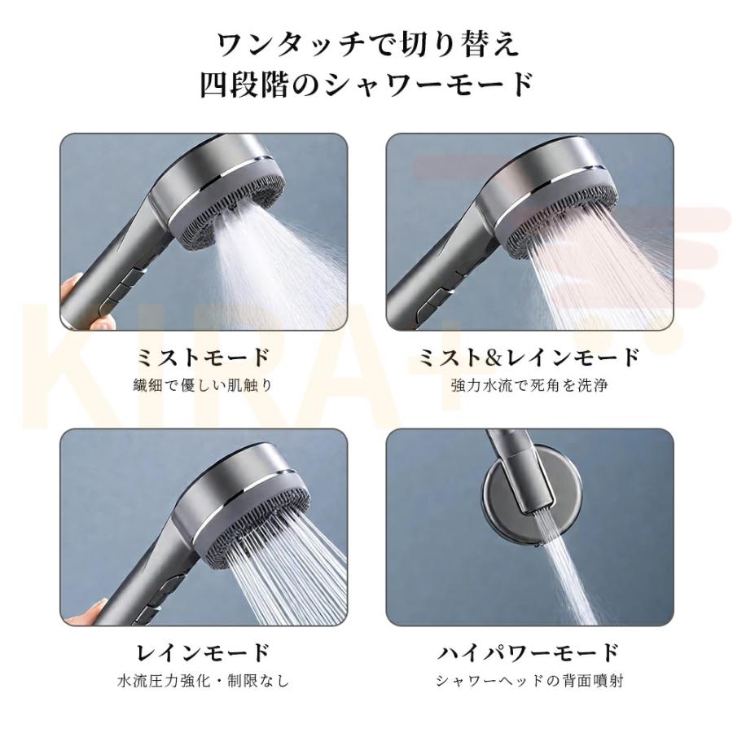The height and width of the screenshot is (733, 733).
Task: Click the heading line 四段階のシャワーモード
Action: [367, 84]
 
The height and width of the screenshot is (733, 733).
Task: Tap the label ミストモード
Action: [204, 358]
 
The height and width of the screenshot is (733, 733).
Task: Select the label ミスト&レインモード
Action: [529, 358]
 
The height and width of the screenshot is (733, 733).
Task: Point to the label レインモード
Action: [204, 652]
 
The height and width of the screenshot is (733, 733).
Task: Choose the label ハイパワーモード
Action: [529, 652]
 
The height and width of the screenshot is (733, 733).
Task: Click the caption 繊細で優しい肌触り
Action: [203, 386]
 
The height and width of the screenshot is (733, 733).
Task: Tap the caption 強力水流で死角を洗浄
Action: [529, 386]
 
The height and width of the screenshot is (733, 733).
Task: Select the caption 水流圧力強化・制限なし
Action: [203, 681]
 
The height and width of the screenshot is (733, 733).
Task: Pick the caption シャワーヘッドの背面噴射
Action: [529, 681]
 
